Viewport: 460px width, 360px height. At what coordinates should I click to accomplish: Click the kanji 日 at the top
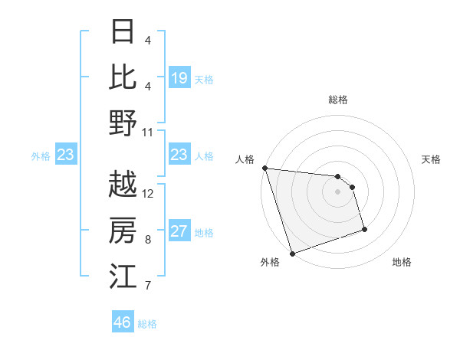(x=123, y=32)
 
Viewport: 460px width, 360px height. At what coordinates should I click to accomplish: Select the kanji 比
(x=123, y=77)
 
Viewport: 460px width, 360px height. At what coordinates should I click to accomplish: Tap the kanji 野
(x=123, y=122)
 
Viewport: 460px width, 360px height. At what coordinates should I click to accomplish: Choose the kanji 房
(x=123, y=230)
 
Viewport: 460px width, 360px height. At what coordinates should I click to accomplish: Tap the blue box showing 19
(x=179, y=78)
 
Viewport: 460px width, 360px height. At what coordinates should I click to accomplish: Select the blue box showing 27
(x=179, y=231)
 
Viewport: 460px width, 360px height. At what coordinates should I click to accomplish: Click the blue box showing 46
(x=122, y=322)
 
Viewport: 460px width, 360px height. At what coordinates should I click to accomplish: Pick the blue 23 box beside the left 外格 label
(x=65, y=155)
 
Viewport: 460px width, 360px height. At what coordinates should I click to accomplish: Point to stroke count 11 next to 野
(x=148, y=131)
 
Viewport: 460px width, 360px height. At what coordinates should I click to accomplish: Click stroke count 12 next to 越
(x=148, y=193)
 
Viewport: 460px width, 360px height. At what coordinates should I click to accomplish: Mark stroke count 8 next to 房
(x=147, y=240)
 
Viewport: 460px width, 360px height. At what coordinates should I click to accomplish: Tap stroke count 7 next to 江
(x=147, y=286)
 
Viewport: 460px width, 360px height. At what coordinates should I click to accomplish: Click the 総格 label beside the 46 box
(x=147, y=324)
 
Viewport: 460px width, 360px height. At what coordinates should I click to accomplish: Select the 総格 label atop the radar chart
(x=337, y=100)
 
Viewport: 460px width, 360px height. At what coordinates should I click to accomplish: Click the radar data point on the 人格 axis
(x=264, y=168)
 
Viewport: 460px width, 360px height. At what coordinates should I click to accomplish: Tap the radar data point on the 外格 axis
(x=292, y=254)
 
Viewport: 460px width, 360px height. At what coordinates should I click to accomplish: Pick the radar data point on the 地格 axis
(x=364, y=229)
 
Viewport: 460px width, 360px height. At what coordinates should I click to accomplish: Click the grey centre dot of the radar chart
(x=337, y=191)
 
